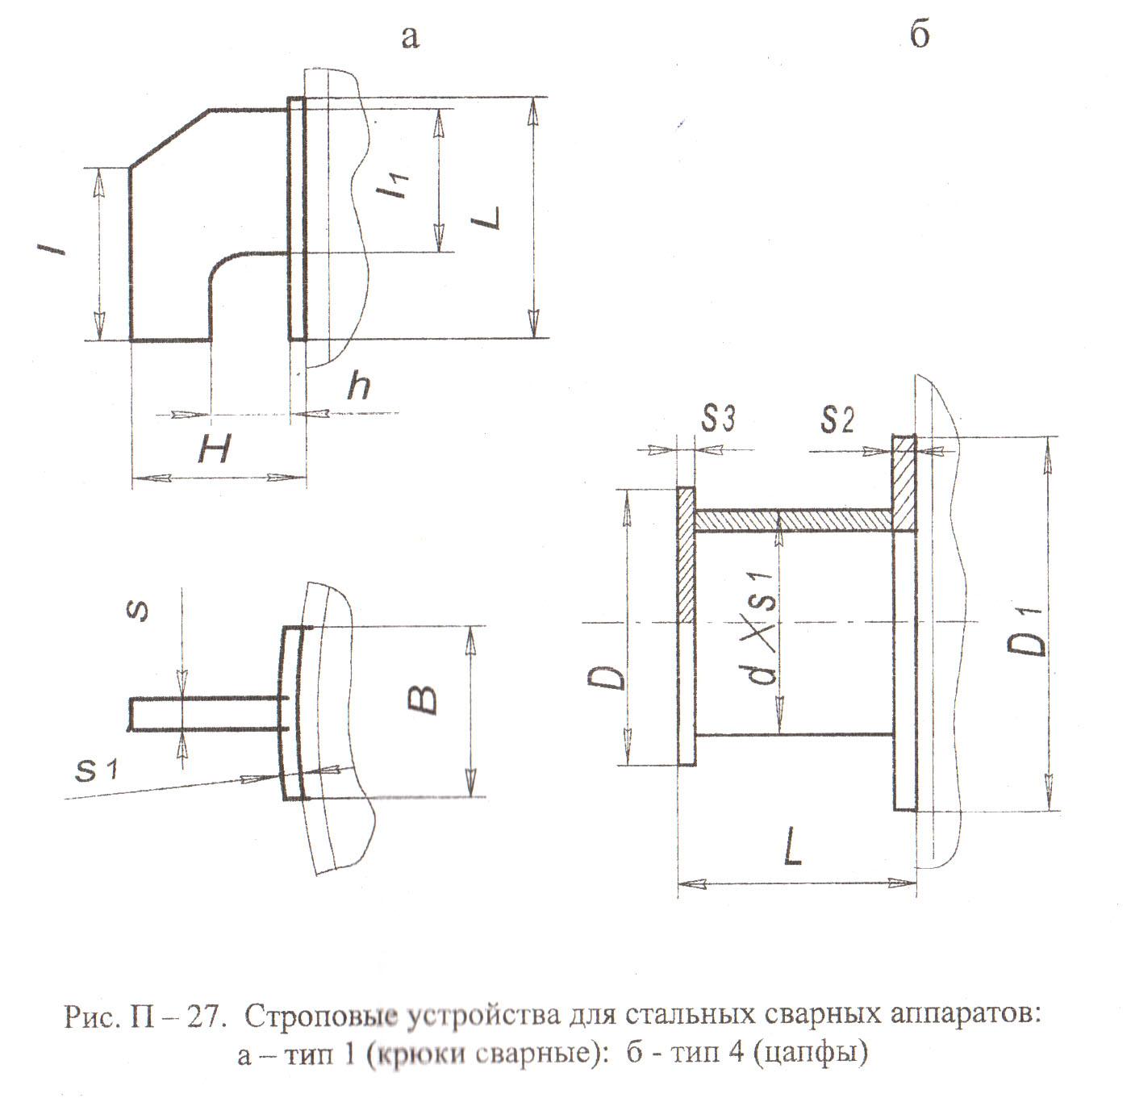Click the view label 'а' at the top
(410, 37)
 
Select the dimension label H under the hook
(215, 449)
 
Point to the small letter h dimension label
(358, 388)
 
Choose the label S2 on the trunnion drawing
(837, 420)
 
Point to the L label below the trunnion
(793, 850)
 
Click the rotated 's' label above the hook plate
(139, 611)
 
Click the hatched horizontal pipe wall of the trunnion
(794, 520)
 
